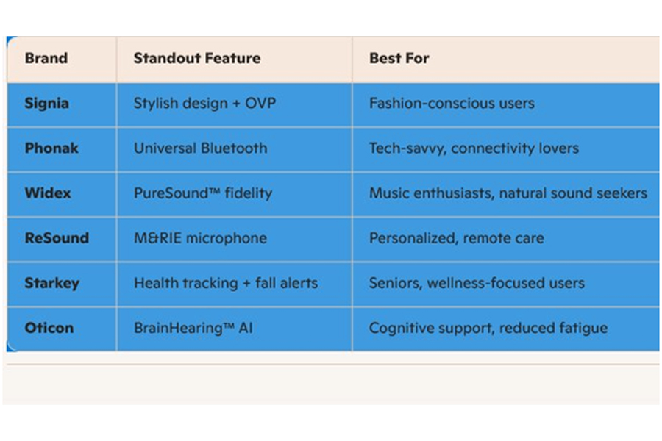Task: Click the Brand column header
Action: click(x=46, y=58)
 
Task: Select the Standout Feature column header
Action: click(x=196, y=58)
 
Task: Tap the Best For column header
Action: click(x=399, y=58)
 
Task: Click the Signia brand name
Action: click(x=46, y=104)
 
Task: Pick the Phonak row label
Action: click(x=51, y=148)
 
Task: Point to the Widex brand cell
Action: click(x=48, y=193)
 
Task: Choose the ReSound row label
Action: click(x=57, y=238)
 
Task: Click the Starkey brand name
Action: click(x=52, y=283)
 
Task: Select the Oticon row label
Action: click(x=49, y=328)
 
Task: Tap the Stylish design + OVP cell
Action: click(x=204, y=104)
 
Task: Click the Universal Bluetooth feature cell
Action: click(x=201, y=148)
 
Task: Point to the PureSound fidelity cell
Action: click(x=203, y=193)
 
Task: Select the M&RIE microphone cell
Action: click(x=200, y=238)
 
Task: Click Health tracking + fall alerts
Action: click(x=226, y=283)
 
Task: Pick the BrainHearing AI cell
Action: click(x=193, y=329)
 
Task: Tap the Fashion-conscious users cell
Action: click(x=452, y=104)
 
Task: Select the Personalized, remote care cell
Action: click(x=456, y=238)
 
